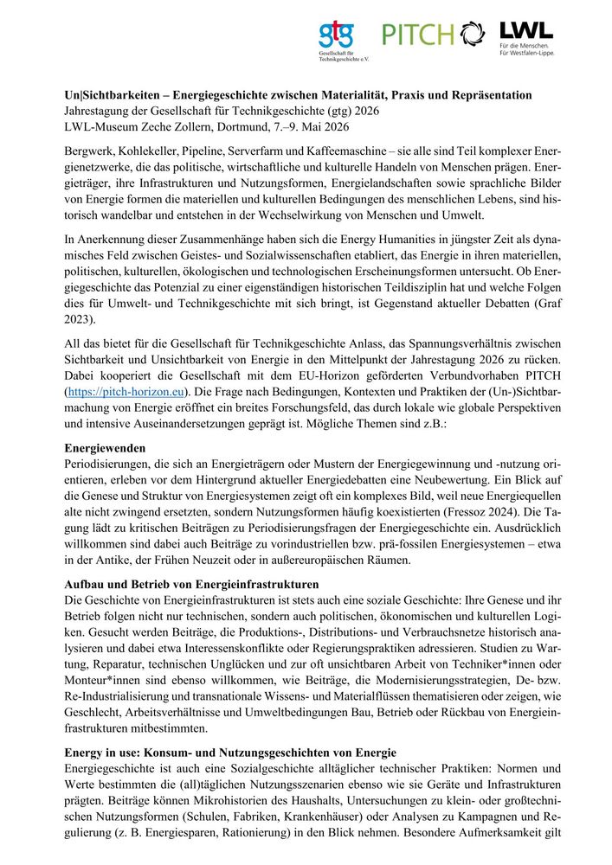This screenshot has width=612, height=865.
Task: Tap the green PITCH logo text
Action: coord(418,35)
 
